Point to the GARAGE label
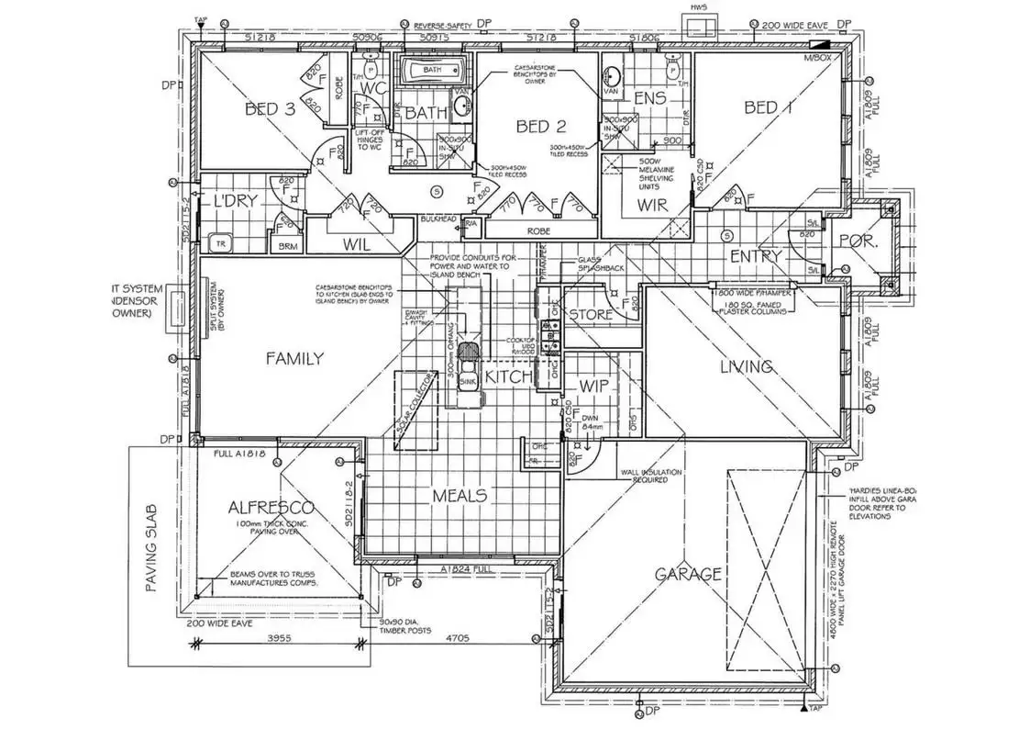coord(688,575)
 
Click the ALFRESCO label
coord(271,508)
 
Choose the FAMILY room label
coord(294,359)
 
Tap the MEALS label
coord(460,495)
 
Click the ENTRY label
coord(756,256)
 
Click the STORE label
coord(590,315)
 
